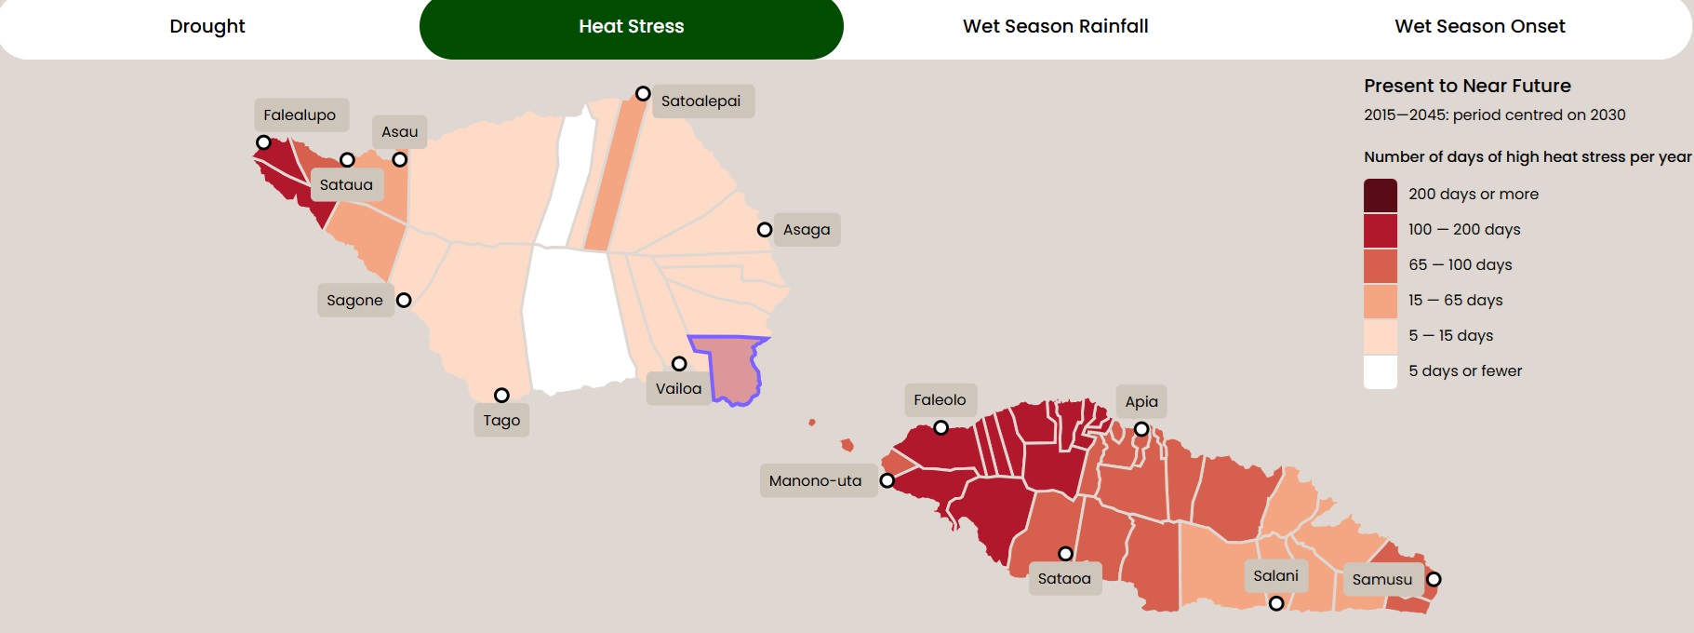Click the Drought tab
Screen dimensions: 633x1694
[207, 26]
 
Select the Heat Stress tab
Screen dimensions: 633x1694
[631, 26]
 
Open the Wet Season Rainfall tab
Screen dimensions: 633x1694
[1055, 26]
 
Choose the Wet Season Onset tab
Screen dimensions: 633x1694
[1479, 26]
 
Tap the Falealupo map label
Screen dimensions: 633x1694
[300, 115]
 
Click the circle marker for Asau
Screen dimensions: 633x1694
[400, 160]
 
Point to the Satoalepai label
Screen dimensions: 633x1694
[700, 101]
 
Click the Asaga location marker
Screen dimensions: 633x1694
[765, 230]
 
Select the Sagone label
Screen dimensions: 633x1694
[354, 301]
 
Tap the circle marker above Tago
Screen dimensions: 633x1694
[501, 396]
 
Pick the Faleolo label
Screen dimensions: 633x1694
[940, 400]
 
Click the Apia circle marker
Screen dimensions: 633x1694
[1141, 429]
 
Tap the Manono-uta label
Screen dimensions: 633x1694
[815, 481]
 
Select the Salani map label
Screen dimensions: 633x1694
[1275, 576]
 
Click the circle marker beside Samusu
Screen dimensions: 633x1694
[1434, 579]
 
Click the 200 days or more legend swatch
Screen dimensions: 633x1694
[1381, 195]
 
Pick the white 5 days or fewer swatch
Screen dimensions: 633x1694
[1381, 371]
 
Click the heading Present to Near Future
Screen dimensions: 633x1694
[1467, 87]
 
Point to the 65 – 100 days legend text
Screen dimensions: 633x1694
[1460, 265]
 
